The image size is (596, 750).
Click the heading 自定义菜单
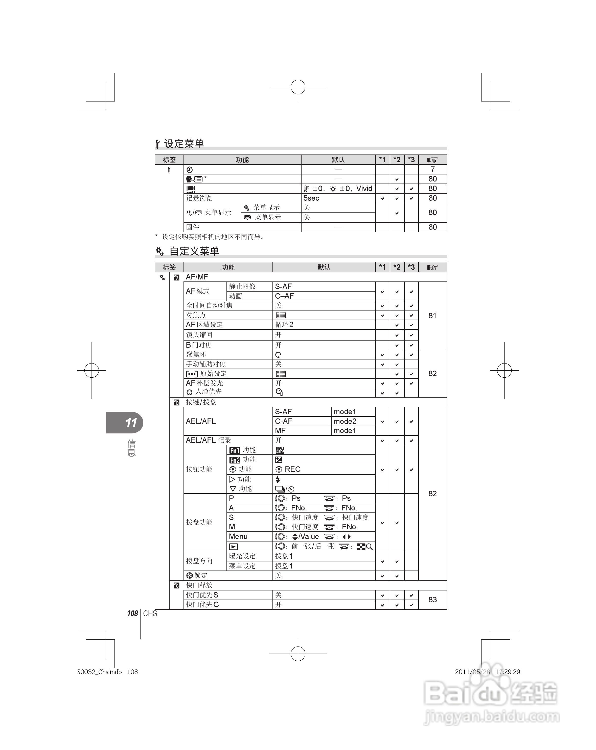[194, 251]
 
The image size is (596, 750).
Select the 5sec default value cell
[311, 198]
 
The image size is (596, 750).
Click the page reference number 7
[432, 169]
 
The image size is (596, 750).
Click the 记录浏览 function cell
[199, 198]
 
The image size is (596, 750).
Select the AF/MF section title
[197, 277]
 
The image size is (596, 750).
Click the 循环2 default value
[284, 325]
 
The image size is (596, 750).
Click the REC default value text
[292, 469]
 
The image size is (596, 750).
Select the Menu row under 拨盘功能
[238, 536]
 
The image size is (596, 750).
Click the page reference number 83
[432, 600]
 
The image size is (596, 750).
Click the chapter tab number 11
[131, 423]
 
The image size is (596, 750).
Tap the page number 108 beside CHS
[132, 614]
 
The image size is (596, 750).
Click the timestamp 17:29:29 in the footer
[508, 672]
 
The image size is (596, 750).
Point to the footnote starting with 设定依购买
[213, 237]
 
